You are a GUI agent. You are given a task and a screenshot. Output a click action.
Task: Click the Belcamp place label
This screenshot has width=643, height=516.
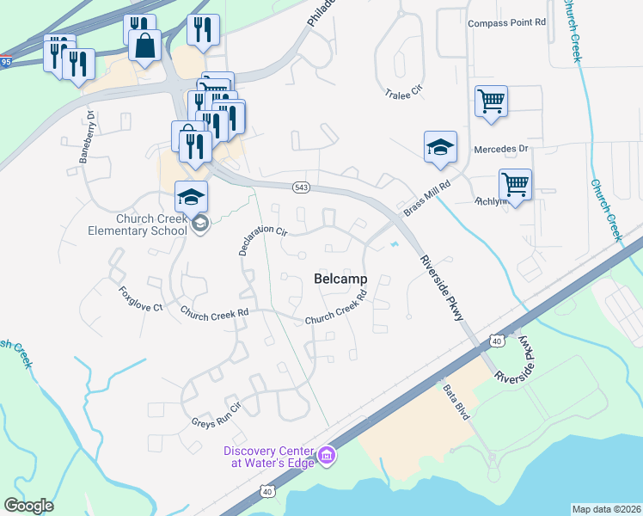pos(340,279)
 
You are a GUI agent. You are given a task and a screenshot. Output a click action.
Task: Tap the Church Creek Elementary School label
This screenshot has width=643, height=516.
pos(138,224)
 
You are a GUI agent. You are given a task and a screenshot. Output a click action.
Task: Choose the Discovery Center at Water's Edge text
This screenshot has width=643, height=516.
pos(268,457)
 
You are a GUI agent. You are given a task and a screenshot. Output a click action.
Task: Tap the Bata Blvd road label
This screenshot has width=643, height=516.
pos(456,401)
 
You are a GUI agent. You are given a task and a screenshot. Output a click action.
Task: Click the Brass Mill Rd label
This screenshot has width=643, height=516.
pos(426,200)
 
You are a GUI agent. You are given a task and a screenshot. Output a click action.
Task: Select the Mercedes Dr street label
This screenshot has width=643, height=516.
pos(499,149)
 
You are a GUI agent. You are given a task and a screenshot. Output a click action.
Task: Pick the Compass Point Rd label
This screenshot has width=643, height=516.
pos(507,23)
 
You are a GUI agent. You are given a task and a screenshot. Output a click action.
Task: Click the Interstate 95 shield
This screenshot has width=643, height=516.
pos(5,62)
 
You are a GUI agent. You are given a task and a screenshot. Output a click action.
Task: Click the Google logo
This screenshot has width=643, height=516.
pos(29,506)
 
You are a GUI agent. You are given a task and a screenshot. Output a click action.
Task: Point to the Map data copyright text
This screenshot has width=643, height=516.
pos(606,508)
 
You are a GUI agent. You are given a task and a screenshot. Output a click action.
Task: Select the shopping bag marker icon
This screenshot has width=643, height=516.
pos(145,45)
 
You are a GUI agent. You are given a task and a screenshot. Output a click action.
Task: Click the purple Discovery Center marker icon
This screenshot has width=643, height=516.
pos(326,454)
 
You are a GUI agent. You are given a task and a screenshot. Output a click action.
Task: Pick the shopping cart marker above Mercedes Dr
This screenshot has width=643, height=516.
pos(491,100)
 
